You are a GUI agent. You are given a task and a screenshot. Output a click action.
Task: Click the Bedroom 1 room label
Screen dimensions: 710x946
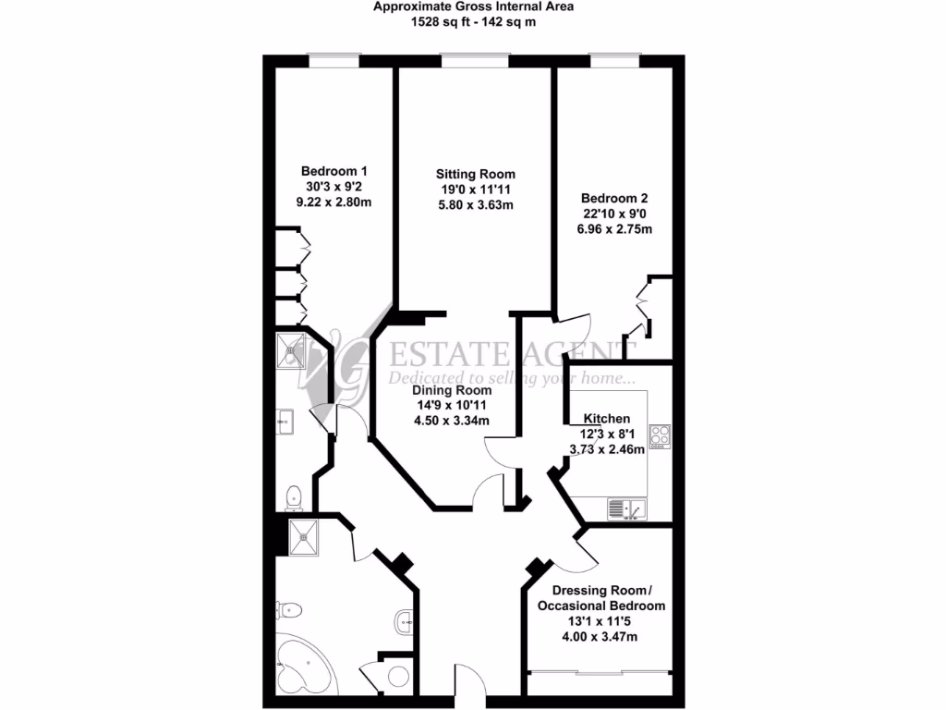pyautogui.click(x=334, y=171)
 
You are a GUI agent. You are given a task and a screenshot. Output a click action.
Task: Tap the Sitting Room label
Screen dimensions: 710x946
pyautogui.click(x=476, y=174)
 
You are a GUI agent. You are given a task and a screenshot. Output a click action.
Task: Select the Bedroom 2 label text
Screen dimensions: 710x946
pyautogui.click(x=614, y=198)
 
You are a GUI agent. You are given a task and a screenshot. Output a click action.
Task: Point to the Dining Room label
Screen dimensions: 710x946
pyautogui.click(x=452, y=390)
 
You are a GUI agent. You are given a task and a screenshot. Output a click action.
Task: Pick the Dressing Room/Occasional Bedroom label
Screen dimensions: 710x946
pyautogui.click(x=601, y=598)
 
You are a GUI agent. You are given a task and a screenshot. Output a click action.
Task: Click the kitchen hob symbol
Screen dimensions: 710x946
pyautogui.click(x=660, y=435)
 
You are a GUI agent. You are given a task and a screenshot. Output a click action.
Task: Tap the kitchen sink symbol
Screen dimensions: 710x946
pyautogui.click(x=627, y=508)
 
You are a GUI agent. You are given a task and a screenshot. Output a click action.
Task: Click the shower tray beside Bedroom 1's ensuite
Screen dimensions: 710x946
pyautogui.click(x=292, y=349)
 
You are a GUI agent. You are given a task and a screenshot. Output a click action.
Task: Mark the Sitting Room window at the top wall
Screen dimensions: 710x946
pyautogui.click(x=475, y=60)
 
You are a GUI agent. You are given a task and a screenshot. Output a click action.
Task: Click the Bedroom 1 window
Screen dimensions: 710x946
pyautogui.click(x=333, y=60)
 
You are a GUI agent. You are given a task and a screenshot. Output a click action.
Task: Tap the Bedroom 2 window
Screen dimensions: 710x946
pyautogui.click(x=615, y=60)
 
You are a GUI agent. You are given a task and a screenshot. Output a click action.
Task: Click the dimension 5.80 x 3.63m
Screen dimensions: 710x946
pyautogui.click(x=476, y=205)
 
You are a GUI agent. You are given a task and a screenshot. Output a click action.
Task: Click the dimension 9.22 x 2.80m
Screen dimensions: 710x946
pyautogui.click(x=334, y=202)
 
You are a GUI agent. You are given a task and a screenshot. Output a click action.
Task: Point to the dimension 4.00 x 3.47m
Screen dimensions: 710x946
pyautogui.click(x=601, y=637)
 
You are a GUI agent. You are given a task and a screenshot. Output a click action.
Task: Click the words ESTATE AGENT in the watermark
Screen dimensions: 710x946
pyautogui.click(x=506, y=353)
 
